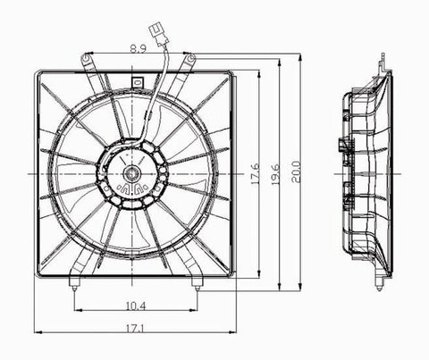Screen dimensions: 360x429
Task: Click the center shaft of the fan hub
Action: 133,172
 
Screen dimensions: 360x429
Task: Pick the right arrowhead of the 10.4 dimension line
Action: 197,310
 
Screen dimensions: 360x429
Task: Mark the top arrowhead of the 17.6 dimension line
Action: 259,73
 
